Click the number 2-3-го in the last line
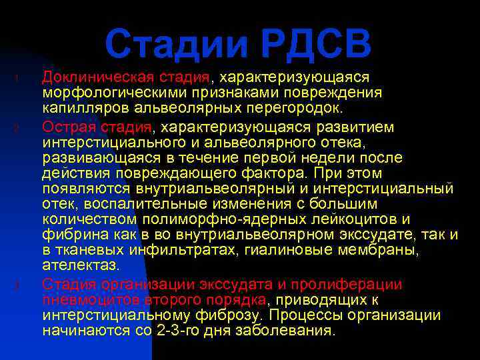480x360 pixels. (175, 331)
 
